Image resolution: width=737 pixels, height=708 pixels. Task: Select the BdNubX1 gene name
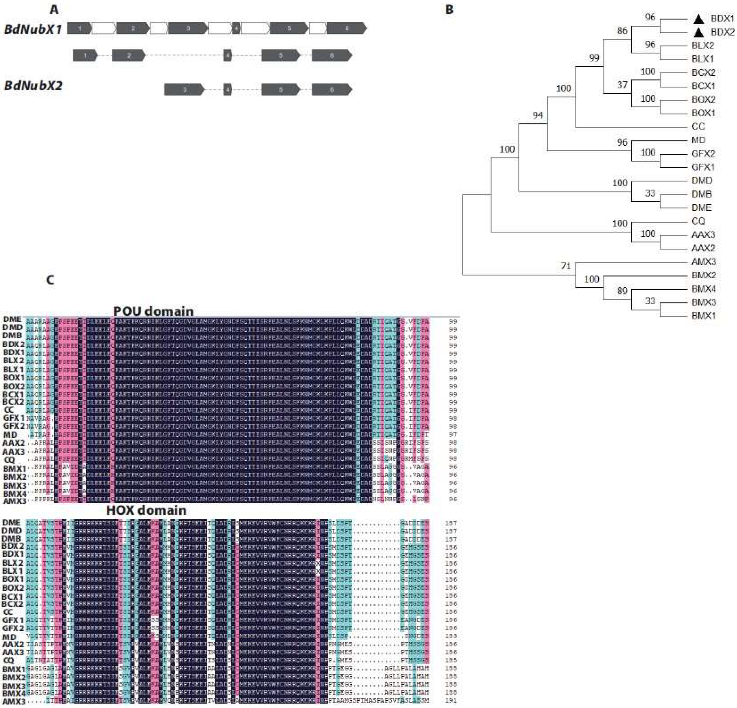pyautogui.click(x=33, y=29)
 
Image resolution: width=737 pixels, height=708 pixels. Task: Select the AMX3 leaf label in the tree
pyautogui.click(x=703, y=261)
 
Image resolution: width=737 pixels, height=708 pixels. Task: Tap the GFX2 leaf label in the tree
pyautogui.click(x=703, y=154)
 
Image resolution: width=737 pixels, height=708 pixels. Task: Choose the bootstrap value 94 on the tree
pyautogui.click(x=538, y=115)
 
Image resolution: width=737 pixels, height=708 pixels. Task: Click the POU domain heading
pyautogui.click(x=153, y=311)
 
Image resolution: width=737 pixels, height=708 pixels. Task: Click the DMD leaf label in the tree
pyautogui.click(x=702, y=181)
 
